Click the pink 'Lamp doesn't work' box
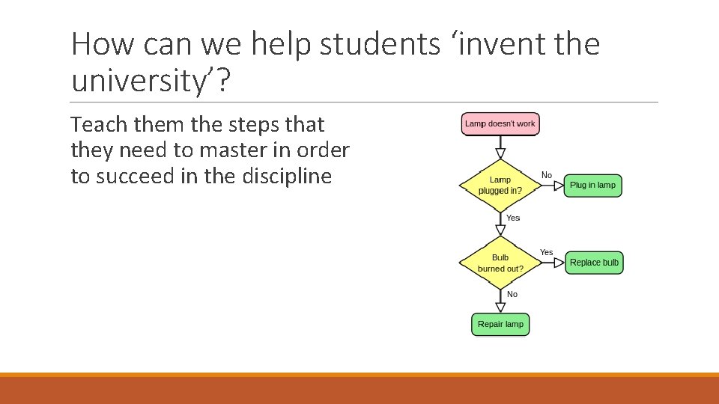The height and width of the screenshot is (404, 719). click(x=500, y=123)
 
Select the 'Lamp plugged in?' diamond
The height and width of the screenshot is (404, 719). click(x=500, y=185)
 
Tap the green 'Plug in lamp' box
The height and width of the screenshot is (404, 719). click(x=592, y=186)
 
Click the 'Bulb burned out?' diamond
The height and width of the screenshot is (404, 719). click(x=500, y=263)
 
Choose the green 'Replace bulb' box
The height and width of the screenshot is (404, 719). click(x=594, y=263)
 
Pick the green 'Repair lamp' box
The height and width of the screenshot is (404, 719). click(x=500, y=324)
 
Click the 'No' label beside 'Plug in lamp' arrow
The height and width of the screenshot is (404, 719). click(x=547, y=175)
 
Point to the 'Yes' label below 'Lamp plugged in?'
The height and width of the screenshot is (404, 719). click(x=513, y=218)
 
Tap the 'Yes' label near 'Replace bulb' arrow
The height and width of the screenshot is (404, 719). click(x=547, y=252)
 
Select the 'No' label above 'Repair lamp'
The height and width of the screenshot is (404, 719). click(x=512, y=294)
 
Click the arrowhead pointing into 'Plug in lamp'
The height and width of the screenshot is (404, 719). click(x=559, y=186)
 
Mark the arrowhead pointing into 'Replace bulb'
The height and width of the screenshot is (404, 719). click(x=559, y=263)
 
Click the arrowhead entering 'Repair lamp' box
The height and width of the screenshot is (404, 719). click(x=500, y=307)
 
